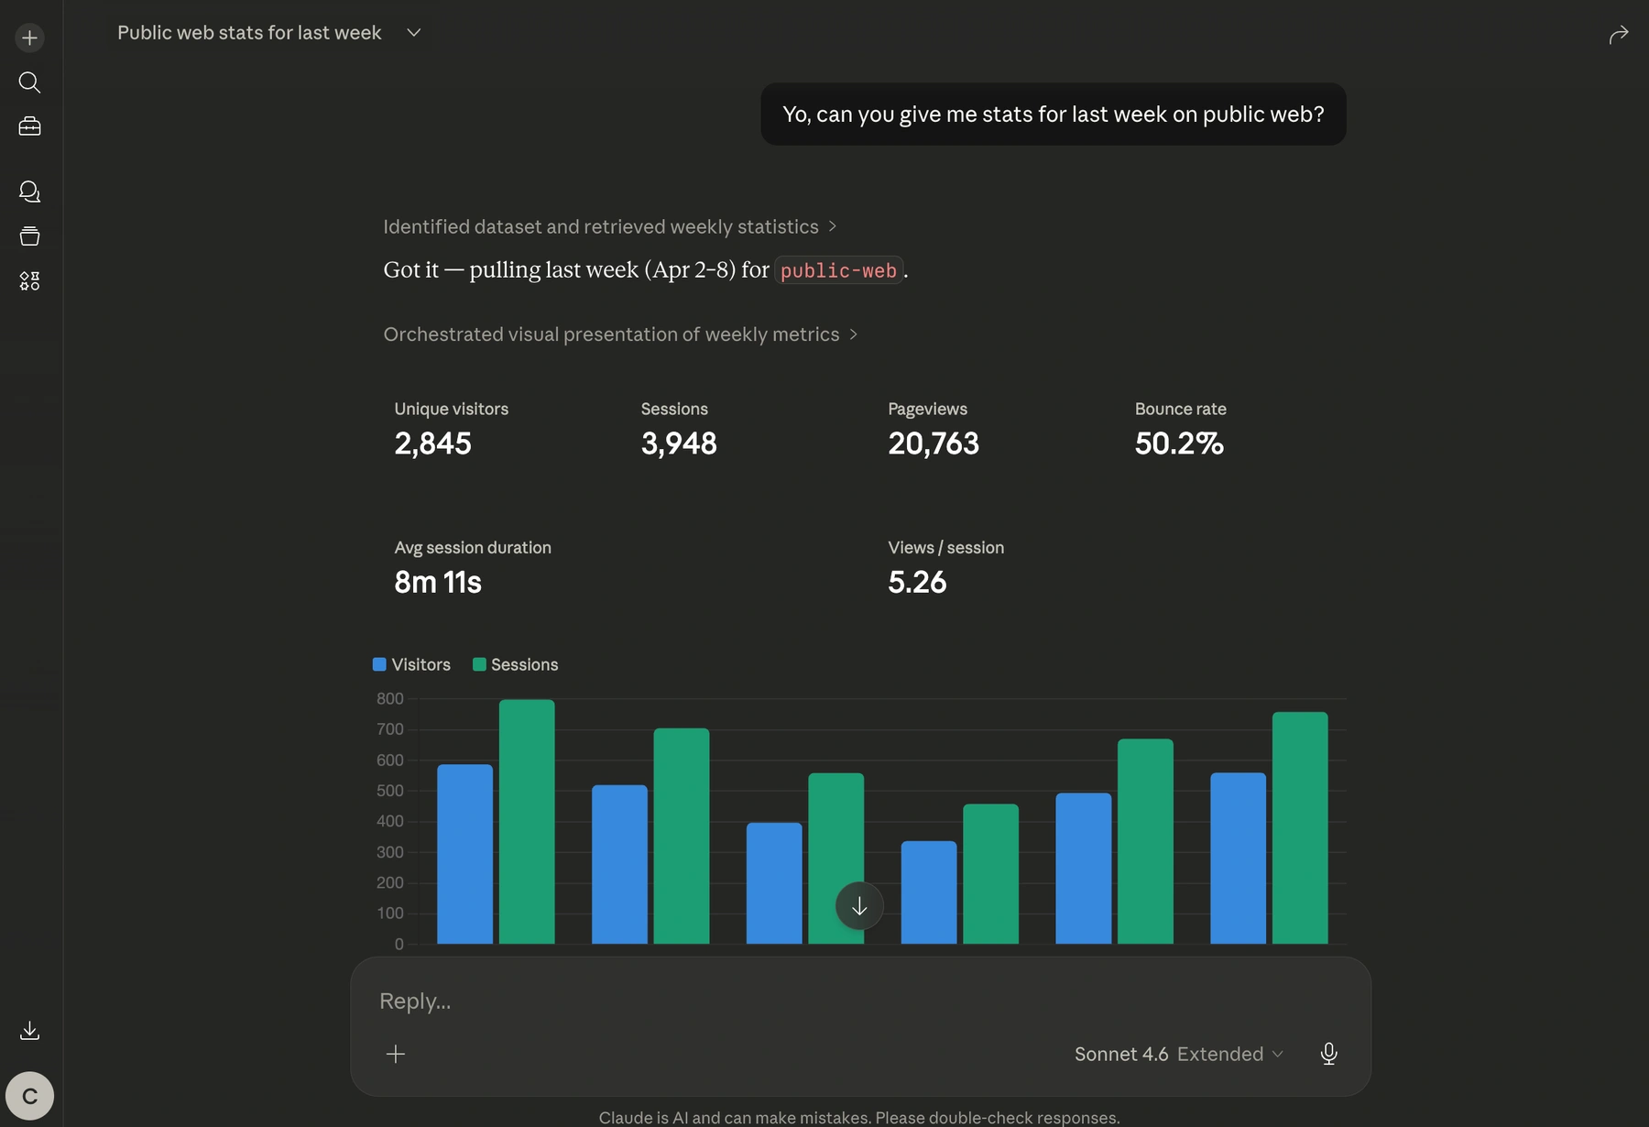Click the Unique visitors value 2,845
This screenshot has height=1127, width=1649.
coord(432,443)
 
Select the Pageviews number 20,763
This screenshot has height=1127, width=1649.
coord(933,443)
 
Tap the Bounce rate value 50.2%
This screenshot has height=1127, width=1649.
coord(1178,443)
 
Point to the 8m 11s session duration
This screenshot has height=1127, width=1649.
coord(437,582)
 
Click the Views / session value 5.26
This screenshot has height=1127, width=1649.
coord(916,582)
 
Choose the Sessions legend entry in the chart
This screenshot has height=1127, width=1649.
coord(515,664)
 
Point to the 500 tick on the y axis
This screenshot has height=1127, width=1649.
coord(389,791)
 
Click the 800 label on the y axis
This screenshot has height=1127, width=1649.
coord(389,698)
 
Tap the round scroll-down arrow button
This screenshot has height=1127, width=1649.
coord(859,906)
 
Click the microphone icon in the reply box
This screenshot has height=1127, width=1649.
coord(1328,1054)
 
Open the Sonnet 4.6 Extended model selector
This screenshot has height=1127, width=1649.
coord(1178,1054)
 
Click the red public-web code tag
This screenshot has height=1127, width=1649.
coord(838,270)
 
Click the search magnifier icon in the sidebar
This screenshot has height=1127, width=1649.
coord(29,82)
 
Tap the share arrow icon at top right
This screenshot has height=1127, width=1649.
coord(1619,35)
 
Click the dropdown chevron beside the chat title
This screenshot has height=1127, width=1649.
coord(413,33)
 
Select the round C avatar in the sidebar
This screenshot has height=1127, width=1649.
coord(29,1096)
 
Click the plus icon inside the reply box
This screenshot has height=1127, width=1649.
coord(396,1054)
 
